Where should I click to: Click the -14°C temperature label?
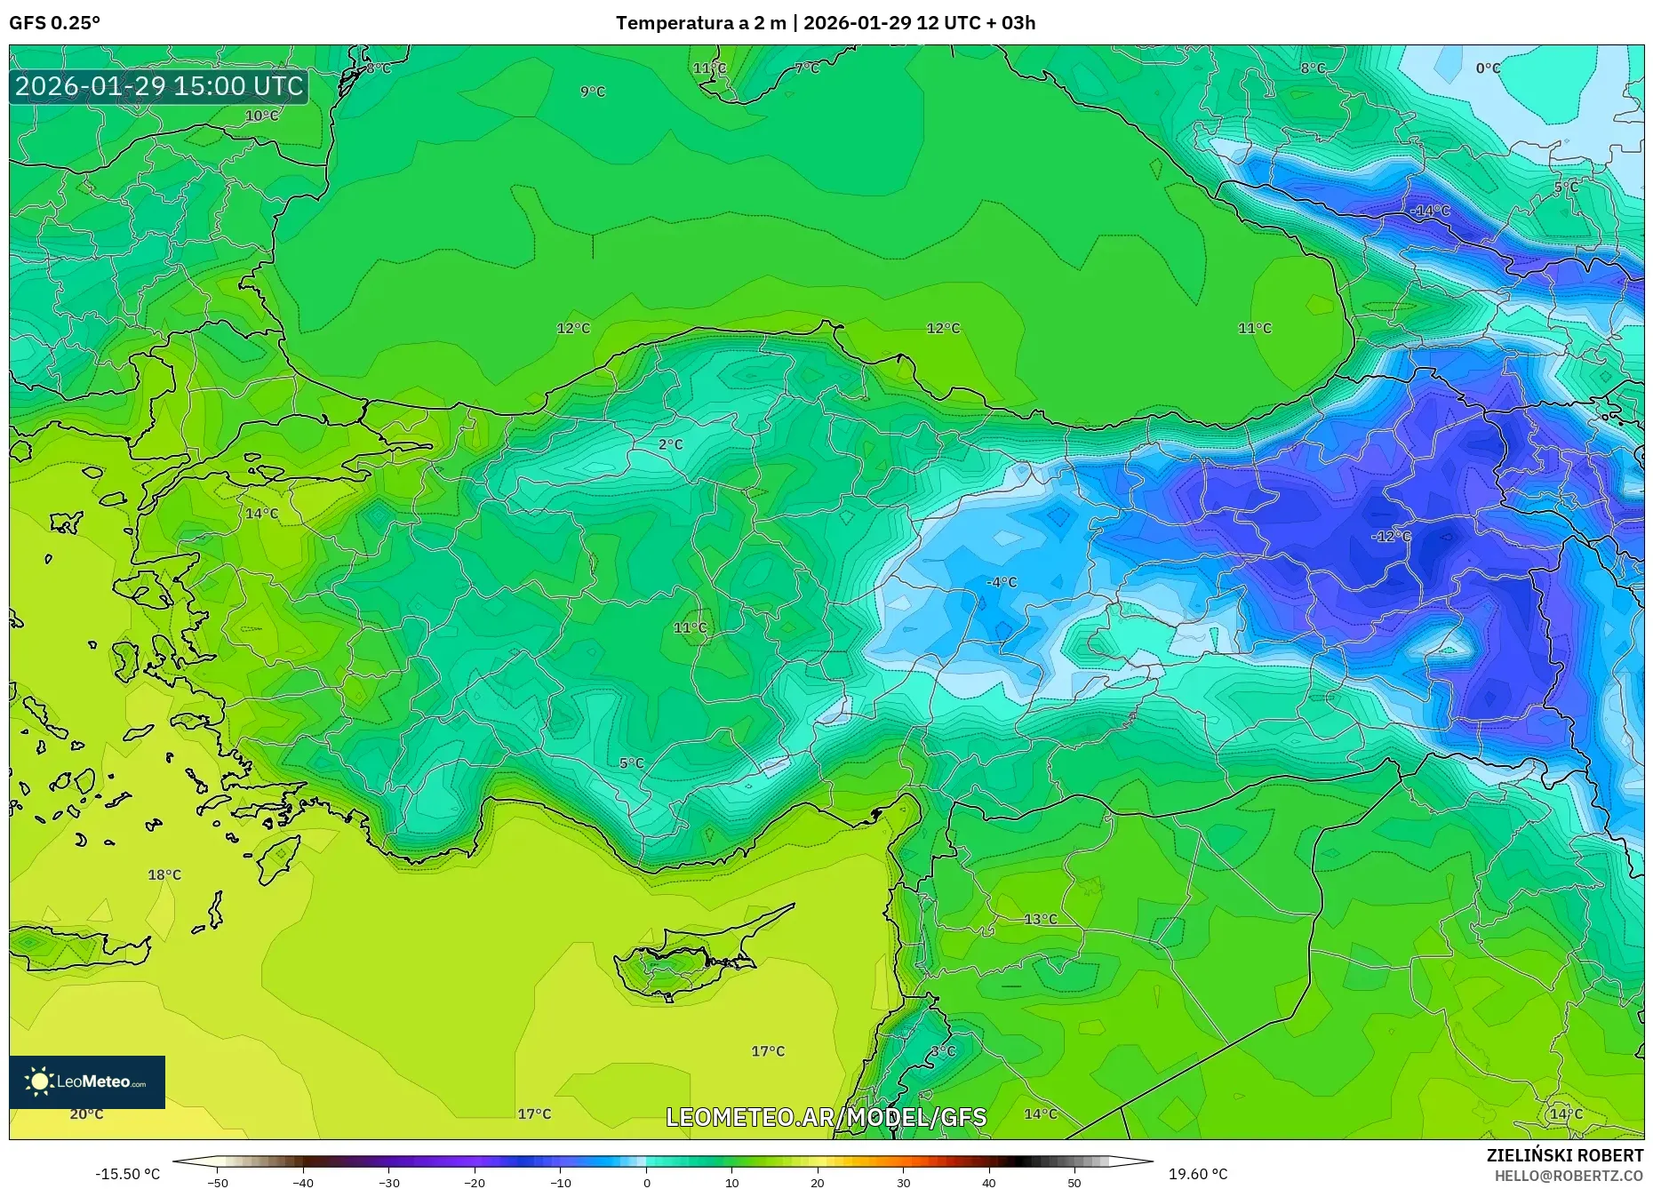tap(1430, 211)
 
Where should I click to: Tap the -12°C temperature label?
tap(1391, 536)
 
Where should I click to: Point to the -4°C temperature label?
tap(1002, 582)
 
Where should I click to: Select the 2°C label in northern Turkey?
tap(670, 444)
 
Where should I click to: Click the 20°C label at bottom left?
tap(86, 1114)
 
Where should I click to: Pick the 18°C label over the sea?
tap(164, 875)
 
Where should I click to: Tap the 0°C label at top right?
tap(1488, 68)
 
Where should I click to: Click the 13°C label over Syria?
tap(1041, 920)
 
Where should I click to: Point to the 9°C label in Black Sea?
tap(593, 92)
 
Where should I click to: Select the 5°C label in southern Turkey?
tap(631, 763)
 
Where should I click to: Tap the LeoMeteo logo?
tap(87, 1081)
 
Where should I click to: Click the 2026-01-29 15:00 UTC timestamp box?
tap(159, 86)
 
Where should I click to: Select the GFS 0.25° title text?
tap(54, 23)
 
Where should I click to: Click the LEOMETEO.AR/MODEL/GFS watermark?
tap(826, 1117)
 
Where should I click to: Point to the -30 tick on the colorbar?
tap(389, 1183)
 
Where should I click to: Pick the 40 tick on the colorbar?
tap(989, 1183)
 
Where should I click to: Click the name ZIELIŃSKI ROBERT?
tap(1564, 1155)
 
